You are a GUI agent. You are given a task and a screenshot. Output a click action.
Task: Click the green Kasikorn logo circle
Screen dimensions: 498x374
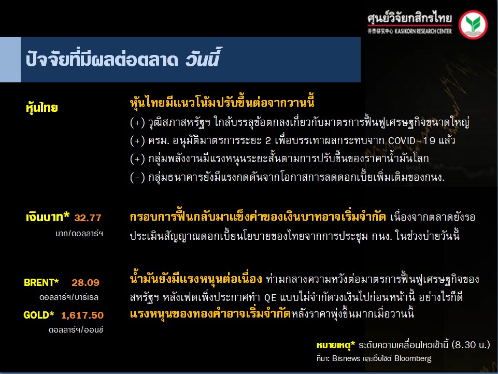[x=473, y=24]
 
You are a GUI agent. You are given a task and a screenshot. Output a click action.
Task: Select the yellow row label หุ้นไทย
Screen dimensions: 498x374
[x=41, y=108]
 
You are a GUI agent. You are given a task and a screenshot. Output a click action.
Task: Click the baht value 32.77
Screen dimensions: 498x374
[x=88, y=218]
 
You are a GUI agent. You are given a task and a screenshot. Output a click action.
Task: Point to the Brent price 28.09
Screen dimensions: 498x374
[x=86, y=282]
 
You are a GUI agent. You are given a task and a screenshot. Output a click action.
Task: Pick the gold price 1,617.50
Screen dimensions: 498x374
[x=82, y=315]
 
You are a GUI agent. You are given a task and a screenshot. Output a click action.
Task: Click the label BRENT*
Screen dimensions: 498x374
[x=41, y=282]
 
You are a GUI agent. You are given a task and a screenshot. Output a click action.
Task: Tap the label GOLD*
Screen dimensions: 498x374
[x=38, y=315]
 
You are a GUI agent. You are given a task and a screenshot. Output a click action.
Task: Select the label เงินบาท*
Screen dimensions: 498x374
[x=48, y=217]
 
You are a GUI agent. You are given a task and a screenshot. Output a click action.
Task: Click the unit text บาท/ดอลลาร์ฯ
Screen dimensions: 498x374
[x=79, y=234]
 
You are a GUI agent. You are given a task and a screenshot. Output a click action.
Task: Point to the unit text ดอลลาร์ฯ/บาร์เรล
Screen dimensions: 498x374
[x=69, y=297]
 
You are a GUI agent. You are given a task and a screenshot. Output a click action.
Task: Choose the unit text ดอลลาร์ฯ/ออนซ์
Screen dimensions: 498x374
[x=76, y=330]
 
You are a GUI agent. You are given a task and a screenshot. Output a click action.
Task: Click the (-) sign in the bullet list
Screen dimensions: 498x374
[x=137, y=177]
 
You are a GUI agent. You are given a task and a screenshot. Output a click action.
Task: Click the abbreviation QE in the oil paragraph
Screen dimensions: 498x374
[x=271, y=297]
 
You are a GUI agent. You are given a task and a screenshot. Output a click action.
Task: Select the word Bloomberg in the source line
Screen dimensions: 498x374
[x=413, y=359]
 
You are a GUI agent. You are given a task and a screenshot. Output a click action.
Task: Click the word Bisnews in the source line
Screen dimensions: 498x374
[x=346, y=358]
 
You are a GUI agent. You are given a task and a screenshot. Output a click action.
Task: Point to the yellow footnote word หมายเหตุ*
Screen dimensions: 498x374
[x=336, y=345]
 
